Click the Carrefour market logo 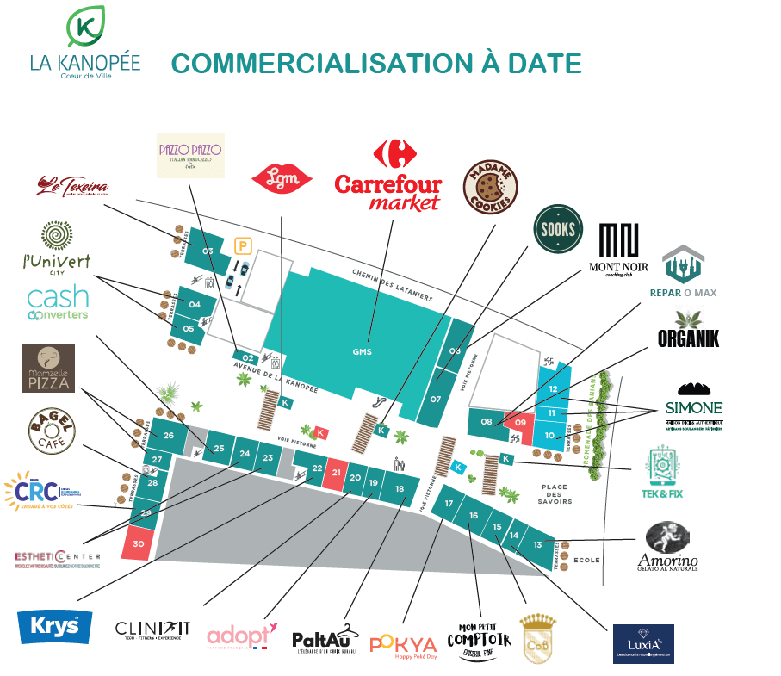(387, 177)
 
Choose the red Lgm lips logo (281, 178)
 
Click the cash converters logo (58, 303)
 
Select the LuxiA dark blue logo (642, 644)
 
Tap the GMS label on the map (362, 351)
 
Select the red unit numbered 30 (139, 543)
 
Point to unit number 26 (169, 436)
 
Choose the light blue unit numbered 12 (553, 388)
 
